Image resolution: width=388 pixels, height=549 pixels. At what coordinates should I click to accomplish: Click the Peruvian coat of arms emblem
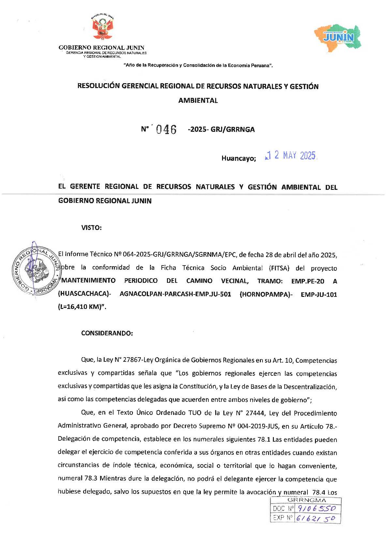point(102,27)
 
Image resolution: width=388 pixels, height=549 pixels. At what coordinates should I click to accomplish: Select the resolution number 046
point(166,130)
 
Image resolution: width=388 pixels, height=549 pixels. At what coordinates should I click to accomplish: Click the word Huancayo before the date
point(238,159)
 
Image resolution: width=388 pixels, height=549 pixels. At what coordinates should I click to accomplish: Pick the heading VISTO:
point(91,228)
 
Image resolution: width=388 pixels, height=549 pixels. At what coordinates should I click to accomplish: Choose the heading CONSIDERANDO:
point(107,333)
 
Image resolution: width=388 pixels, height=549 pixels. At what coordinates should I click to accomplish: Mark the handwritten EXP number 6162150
point(315,518)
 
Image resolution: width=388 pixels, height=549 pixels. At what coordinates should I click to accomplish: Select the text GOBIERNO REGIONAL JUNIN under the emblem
point(101,48)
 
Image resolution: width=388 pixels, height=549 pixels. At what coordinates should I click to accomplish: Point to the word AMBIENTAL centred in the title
point(198,100)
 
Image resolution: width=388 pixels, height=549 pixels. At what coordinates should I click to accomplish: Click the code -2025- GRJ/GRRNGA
point(221,130)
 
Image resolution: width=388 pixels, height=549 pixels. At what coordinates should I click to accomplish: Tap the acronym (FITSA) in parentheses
point(279,268)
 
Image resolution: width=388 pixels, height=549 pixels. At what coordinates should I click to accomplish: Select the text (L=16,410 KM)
point(82,307)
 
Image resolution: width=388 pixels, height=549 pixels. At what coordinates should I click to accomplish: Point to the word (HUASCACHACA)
point(84,294)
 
